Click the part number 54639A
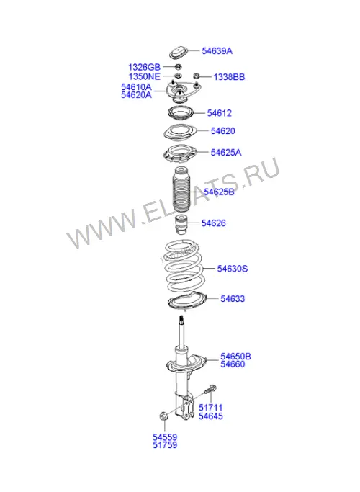217,51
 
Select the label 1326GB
144,67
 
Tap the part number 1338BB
229,77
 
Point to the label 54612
219,113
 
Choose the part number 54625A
226,153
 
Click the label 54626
214,223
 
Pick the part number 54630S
233,269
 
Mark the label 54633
233,298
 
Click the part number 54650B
236,357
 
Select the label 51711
211,408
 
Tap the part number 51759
165,445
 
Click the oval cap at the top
179,53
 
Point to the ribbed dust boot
181,190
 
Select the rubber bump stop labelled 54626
180,225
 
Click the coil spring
185,266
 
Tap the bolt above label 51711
211,390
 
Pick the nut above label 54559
163,416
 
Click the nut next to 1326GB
178,66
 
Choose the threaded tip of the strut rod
181,320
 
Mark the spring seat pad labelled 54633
187,302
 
